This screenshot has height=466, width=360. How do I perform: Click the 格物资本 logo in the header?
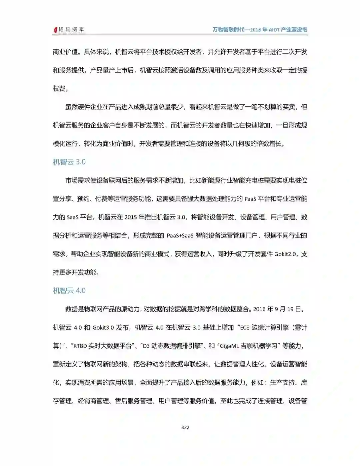click(69, 30)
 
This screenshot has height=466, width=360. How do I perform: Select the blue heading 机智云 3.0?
click(69, 162)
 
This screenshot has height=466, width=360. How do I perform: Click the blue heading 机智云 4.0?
click(69, 291)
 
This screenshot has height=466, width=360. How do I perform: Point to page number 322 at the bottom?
click(185, 427)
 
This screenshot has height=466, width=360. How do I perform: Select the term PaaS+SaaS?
click(180, 236)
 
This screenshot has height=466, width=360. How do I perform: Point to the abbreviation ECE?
click(244, 328)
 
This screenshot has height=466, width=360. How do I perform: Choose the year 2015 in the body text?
click(131, 217)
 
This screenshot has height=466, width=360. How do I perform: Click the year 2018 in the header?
click(255, 30)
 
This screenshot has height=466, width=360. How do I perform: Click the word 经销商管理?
click(94, 401)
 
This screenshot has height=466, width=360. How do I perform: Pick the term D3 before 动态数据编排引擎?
click(146, 346)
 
